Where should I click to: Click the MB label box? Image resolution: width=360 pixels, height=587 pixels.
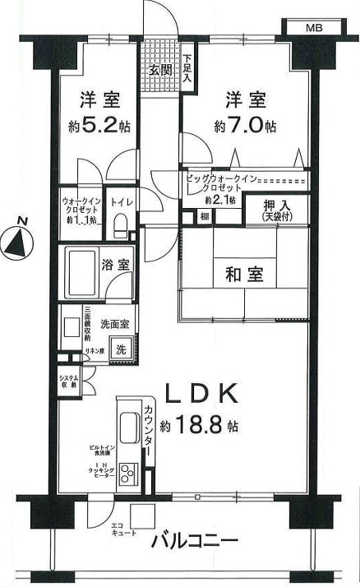coord(314,27)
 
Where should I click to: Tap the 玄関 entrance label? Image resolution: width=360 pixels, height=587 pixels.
coord(159,70)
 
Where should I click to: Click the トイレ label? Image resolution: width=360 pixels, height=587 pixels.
coord(120,201)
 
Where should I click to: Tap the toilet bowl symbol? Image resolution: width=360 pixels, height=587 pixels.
coord(120,224)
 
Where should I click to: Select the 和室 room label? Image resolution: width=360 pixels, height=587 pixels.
coord(244,274)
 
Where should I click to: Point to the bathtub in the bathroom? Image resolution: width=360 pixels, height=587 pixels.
coord(81,273)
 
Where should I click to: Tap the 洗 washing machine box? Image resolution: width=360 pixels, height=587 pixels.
coord(121,348)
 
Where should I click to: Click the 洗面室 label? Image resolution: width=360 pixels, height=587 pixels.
coord(114,323)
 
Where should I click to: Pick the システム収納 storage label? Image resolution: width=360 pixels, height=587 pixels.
coord(69,381)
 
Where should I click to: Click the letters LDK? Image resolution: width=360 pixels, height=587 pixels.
coord(202,394)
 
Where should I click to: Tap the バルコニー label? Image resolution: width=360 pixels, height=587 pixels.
coord(195,543)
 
